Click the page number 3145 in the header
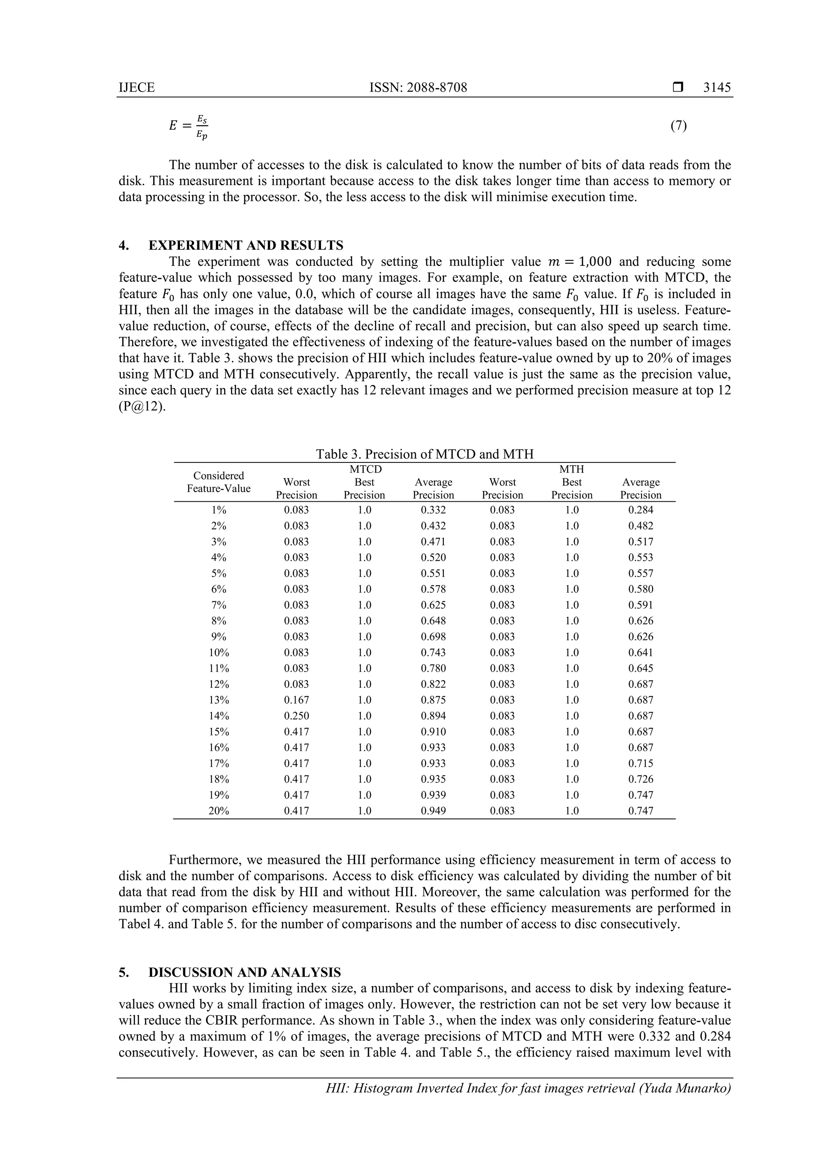(x=717, y=88)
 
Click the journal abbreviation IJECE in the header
(x=137, y=88)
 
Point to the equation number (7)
(x=678, y=125)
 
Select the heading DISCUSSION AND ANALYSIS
(x=244, y=972)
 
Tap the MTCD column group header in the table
(x=365, y=469)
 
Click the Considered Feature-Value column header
(x=218, y=482)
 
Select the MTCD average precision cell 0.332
(x=433, y=510)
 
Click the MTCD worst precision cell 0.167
(x=296, y=700)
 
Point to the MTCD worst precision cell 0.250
(x=296, y=716)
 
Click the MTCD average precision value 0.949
(x=433, y=811)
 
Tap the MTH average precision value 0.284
(x=640, y=510)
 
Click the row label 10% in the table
(x=218, y=653)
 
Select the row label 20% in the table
(x=218, y=811)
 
